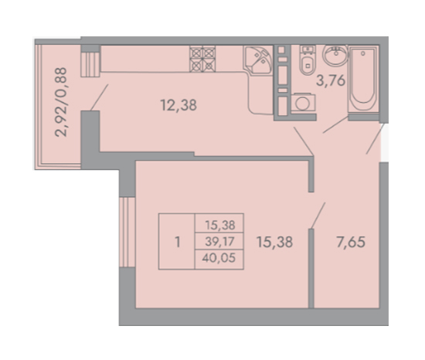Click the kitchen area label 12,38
point(178,105)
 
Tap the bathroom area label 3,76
point(331,80)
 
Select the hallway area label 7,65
point(351,242)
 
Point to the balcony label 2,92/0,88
point(61,102)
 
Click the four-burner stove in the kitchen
point(202,59)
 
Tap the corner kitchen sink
point(258,60)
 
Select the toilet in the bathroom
point(308,60)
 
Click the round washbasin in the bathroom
point(335,56)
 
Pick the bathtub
point(363,79)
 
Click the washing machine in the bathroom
point(303,102)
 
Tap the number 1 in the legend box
point(178,242)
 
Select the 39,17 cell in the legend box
point(219,241)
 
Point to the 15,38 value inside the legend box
point(219,225)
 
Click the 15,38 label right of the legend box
point(274,242)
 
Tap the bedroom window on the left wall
point(127,232)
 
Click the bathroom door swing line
point(335,124)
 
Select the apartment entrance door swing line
point(375,139)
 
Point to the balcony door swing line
point(99,97)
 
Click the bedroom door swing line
point(318,216)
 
